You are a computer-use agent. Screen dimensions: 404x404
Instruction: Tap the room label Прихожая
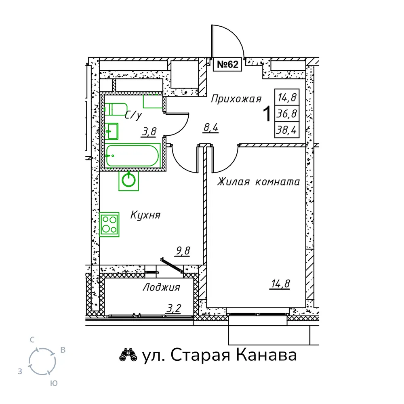click(236, 99)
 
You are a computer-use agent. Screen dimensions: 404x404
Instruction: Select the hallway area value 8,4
click(210, 128)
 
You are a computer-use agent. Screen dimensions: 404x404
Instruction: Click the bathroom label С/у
click(133, 115)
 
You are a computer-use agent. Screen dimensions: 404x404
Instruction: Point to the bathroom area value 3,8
click(149, 132)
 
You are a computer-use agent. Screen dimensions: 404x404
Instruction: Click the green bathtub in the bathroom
click(133, 156)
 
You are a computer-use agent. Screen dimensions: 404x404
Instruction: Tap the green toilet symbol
click(116, 109)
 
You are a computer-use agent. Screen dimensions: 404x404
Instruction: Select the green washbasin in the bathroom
click(112, 131)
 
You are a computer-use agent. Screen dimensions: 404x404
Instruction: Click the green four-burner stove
click(109, 224)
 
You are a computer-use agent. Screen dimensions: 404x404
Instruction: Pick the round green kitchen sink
click(128, 180)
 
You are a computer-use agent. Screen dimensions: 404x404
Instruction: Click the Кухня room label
click(145, 215)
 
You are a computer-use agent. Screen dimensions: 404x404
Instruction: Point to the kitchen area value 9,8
click(183, 251)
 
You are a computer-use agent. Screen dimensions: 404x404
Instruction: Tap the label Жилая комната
click(259, 182)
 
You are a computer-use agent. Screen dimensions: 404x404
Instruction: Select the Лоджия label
click(161, 287)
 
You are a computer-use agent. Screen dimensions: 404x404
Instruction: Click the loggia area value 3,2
click(174, 308)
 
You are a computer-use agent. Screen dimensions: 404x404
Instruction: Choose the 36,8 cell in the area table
click(287, 114)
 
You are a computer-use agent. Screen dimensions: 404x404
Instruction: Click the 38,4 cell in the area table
click(287, 130)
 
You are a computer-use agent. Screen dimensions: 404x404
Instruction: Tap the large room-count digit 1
click(267, 114)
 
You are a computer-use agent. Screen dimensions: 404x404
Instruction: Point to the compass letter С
click(32, 340)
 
